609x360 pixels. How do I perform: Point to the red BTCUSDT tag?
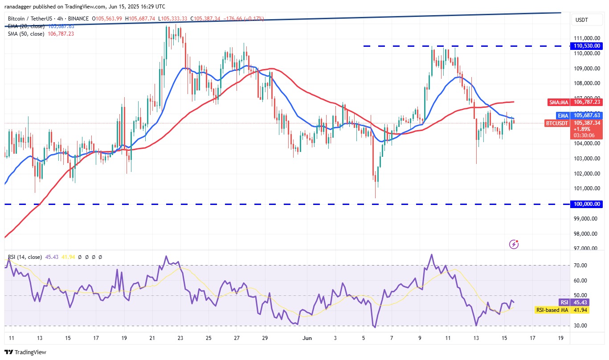557,123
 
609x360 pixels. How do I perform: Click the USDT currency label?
582,20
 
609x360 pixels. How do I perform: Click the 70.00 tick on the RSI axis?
580,266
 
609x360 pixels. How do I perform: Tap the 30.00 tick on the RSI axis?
580,326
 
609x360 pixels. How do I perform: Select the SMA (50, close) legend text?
26,33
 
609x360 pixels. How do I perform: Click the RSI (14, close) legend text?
25,257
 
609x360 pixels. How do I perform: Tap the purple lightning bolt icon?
514,244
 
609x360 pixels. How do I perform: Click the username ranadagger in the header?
22,7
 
